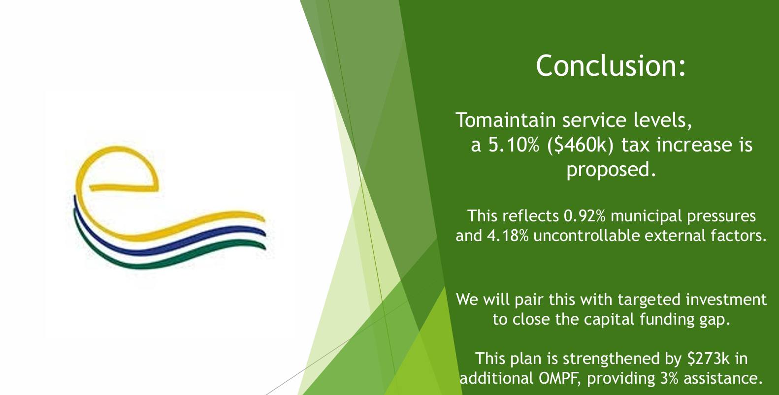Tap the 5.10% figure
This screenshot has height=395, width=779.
coord(514,145)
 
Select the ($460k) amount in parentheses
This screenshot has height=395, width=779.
coord(581,145)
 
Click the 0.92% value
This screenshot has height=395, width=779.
coord(584,216)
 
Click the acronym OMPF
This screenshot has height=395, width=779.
coord(559,378)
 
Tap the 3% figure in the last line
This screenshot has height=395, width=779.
coord(669,378)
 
